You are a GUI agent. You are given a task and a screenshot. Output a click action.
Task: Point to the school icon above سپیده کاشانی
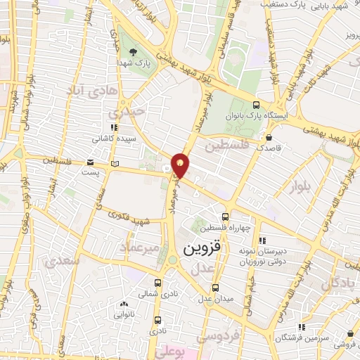tap(113, 127)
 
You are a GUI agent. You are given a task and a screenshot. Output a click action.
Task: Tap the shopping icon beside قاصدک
tap(270, 137)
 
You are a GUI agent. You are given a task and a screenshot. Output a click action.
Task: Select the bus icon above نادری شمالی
tap(157, 284)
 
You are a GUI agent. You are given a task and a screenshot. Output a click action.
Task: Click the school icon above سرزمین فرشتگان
tap(302, 326)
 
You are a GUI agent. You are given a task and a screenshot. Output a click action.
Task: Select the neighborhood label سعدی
tap(62, 260)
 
